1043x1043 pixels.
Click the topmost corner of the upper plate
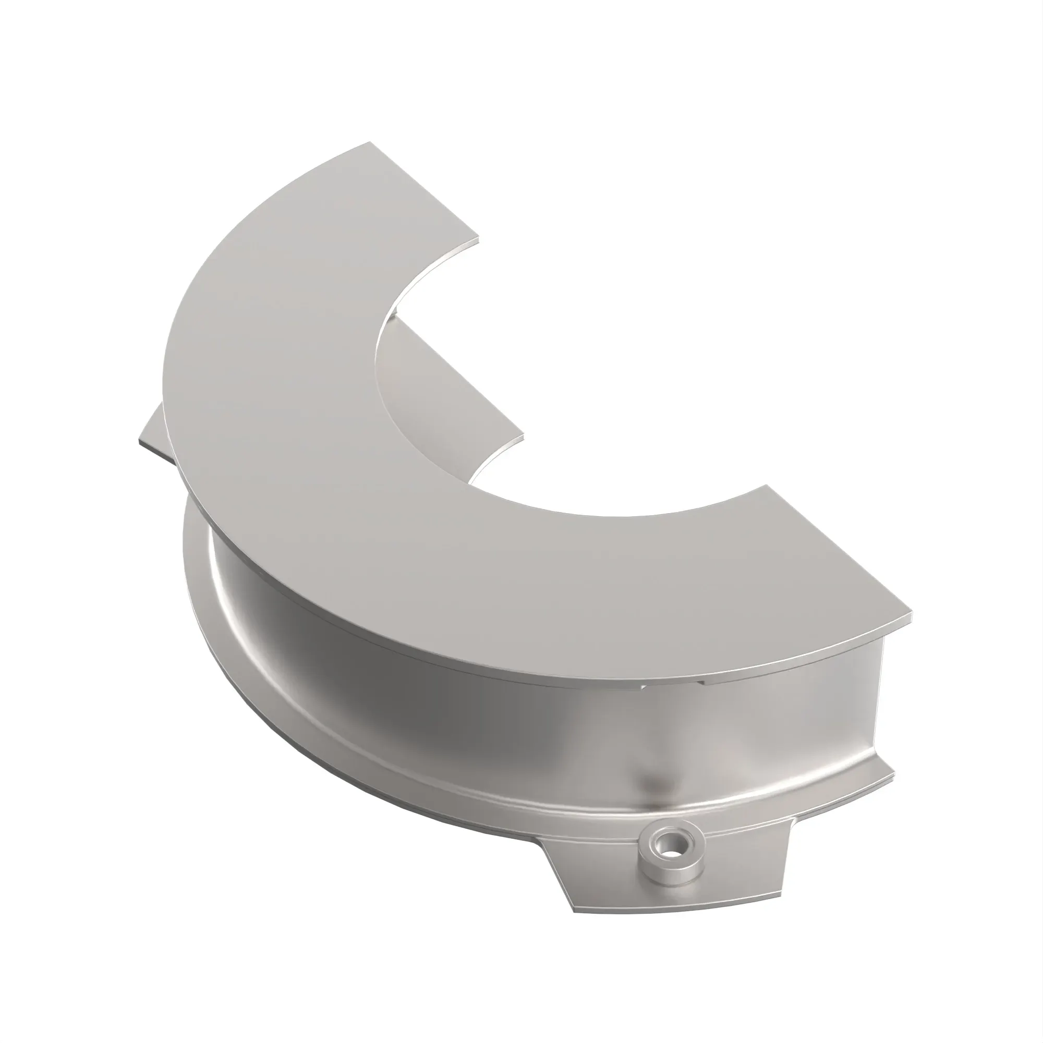coord(370,142)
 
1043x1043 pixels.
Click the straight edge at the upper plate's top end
coord(425,190)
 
